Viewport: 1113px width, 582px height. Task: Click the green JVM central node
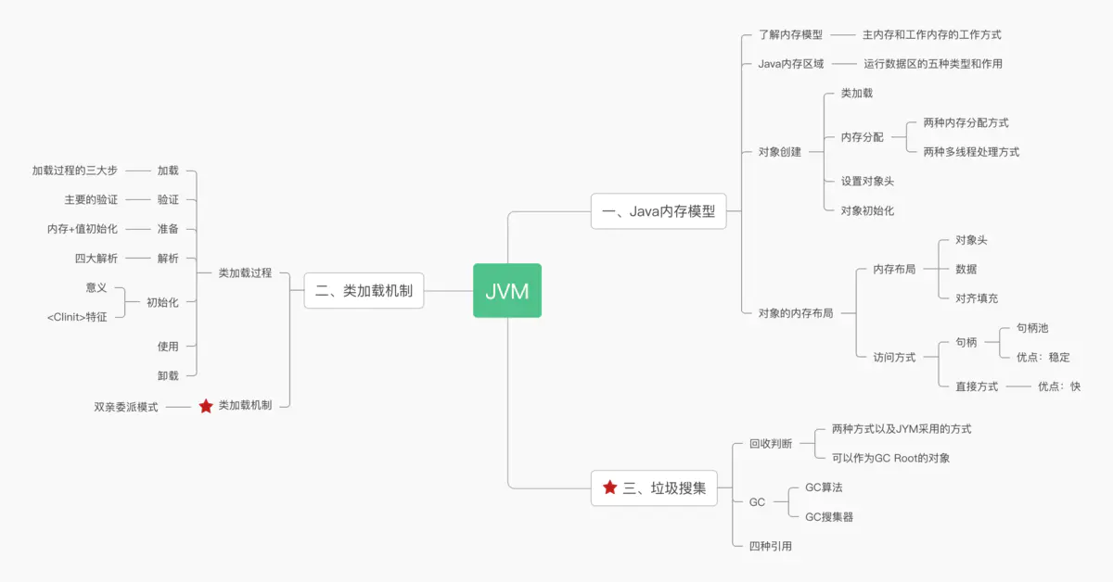point(506,291)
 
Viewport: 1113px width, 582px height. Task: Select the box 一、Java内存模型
point(659,211)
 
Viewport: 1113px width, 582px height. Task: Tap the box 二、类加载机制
point(364,291)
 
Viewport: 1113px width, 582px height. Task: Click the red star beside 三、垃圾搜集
point(609,487)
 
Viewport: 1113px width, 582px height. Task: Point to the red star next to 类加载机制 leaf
point(206,406)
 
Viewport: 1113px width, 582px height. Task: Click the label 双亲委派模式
point(126,407)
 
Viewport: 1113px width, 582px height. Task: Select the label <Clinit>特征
point(77,317)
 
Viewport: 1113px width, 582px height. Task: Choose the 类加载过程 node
point(245,273)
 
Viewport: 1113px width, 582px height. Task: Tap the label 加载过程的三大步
point(75,171)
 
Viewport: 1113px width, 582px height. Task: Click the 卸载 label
point(168,375)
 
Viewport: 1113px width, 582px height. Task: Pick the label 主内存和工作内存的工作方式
point(931,35)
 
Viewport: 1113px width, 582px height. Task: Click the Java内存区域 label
point(790,64)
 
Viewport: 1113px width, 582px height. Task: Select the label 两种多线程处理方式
point(971,152)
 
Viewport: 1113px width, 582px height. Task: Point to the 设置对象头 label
point(867,182)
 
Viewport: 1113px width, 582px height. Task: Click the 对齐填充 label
point(977,298)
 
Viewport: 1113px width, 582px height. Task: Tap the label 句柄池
point(1031,328)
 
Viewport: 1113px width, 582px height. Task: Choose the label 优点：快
point(1058,386)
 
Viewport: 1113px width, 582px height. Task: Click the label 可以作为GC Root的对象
point(890,458)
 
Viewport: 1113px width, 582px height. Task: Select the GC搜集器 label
point(828,517)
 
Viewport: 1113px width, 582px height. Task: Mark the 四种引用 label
point(771,547)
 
